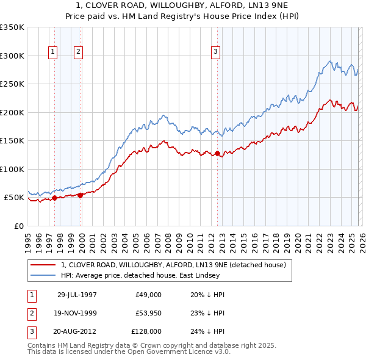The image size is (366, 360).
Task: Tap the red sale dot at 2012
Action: point(217,153)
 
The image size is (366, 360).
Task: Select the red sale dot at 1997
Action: point(55,198)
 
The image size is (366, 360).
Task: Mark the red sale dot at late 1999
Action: point(80,195)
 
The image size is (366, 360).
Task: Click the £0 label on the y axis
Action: point(19,226)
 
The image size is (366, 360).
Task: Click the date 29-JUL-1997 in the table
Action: point(77,295)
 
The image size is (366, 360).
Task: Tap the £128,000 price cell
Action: point(146,331)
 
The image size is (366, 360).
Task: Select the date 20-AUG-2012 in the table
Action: point(77,331)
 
